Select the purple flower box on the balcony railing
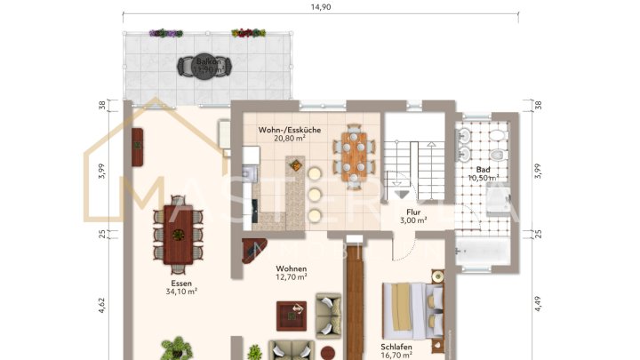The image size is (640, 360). click(x=165, y=34)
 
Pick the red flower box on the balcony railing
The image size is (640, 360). click(x=248, y=34)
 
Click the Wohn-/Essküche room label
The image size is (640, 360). click(x=284, y=130)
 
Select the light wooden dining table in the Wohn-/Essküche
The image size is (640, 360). click(x=353, y=156)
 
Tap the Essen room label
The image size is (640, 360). click(x=180, y=281)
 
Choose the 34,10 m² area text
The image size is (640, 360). click(x=180, y=291)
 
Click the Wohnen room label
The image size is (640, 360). click(x=291, y=268)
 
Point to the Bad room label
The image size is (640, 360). click(x=483, y=169)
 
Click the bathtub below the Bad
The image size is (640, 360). click(x=484, y=254)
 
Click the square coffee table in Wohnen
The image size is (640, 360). click(x=291, y=313)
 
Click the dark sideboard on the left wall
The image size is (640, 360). click(x=138, y=146)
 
